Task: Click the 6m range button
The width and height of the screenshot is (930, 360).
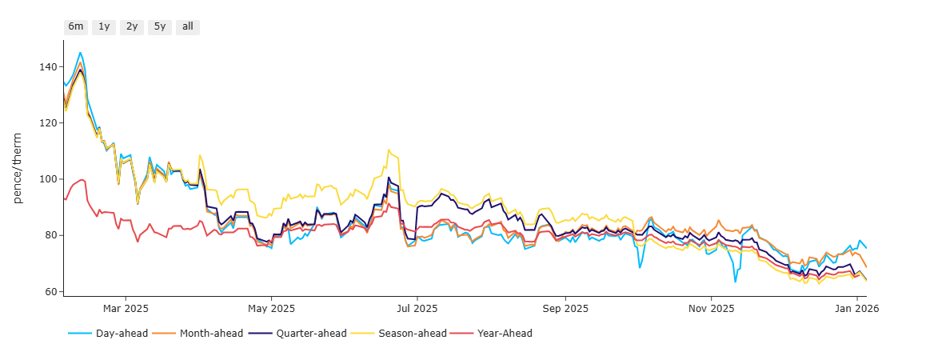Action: (76, 26)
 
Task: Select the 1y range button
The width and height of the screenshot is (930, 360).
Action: (104, 26)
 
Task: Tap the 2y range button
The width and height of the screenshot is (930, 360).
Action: (132, 26)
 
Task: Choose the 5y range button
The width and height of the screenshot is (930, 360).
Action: (160, 26)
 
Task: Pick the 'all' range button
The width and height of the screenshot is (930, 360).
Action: (188, 26)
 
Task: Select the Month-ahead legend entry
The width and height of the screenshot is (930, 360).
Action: (210, 333)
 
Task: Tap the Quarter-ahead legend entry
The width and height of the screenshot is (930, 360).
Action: (309, 333)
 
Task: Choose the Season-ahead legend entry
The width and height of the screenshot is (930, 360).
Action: (409, 333)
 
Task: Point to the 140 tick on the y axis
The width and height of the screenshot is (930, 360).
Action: (49, 67)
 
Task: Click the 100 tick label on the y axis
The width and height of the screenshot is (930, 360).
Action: (49, 179)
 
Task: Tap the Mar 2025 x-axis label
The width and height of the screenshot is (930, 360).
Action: (126, 308)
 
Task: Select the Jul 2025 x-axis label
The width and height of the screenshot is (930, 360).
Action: (417, 308)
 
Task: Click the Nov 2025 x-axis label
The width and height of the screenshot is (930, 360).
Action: (711, 308)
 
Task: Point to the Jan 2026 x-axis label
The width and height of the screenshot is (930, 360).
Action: (857, 308)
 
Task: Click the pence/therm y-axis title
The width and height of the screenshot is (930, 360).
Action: (18, 168)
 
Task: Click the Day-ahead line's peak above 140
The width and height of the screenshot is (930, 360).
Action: (80, 53)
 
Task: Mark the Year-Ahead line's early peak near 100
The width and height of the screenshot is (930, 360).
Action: (82, 179)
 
